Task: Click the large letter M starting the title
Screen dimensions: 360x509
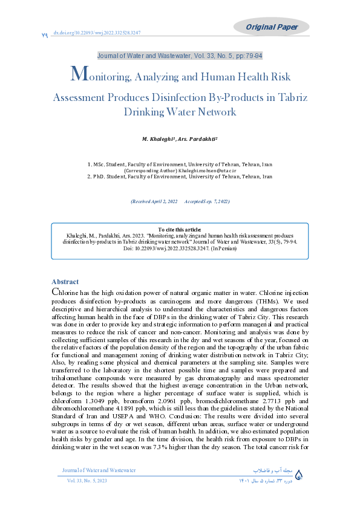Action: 76,74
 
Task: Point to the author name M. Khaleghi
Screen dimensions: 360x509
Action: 155,140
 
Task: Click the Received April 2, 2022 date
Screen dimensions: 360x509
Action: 154,201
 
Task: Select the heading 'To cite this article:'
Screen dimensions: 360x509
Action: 180,230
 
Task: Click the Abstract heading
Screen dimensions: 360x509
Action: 65,282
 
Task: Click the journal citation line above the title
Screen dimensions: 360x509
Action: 180,56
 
